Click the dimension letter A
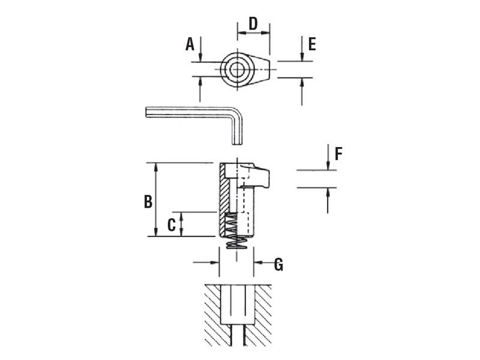(190, 44)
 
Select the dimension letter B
(148, 202)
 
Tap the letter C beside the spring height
(171, 225)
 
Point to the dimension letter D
(253, 23)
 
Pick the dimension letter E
(311, 44)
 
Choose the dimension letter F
(338, 154)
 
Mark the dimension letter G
(278, 265)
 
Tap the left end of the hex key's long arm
(148, 112)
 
